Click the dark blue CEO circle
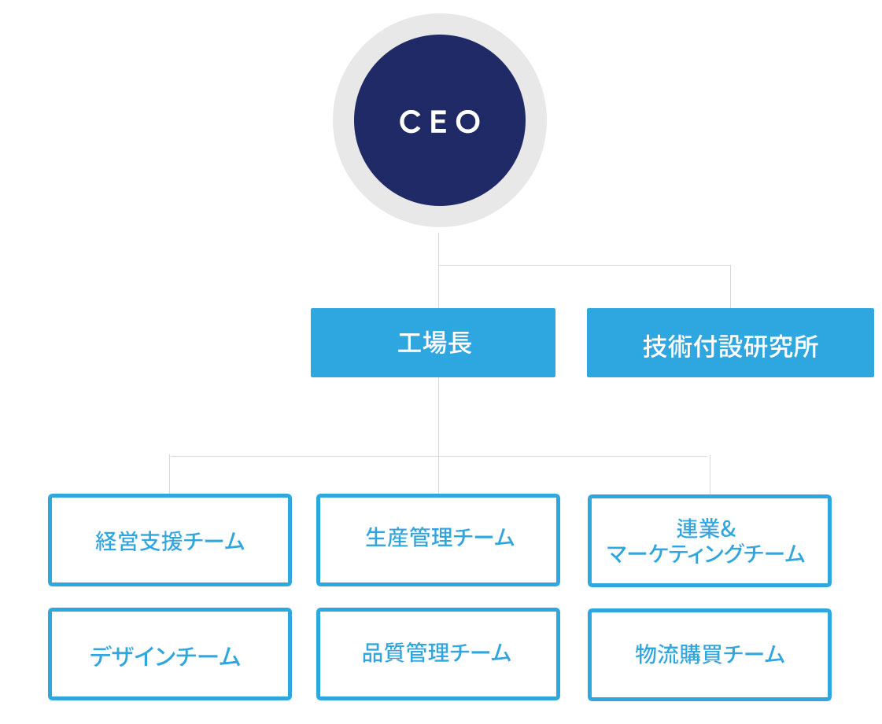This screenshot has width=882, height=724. coord(439,120)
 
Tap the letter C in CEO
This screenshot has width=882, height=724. coord(410,121)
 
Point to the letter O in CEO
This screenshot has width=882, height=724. coord(468,121)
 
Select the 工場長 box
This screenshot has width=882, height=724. coord(433,342)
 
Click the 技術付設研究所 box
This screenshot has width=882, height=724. coord(730,342)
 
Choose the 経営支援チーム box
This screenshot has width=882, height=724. coord(170,539)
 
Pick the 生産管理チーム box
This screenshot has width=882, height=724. coord(438,539)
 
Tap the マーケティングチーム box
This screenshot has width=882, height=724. coord(710,540)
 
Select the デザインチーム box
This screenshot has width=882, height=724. coord(170,654)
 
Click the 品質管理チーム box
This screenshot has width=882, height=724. coord(438,654)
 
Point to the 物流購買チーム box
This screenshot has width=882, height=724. coord(710,654)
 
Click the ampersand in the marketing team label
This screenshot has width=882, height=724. coord(728,529)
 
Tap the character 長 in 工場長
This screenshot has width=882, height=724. coord(459,342)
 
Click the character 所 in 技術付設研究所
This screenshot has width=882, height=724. coord(806,346)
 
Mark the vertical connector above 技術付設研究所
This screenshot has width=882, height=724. coord(730,287)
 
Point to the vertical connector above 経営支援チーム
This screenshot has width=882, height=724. coord(169,475)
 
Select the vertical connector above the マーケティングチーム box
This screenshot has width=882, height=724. coord(710,476)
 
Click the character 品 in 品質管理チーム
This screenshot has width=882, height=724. coord(373,653)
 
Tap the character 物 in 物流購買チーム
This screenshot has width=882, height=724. coord(646,654)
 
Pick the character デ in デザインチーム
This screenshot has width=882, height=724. coord(101,656)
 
